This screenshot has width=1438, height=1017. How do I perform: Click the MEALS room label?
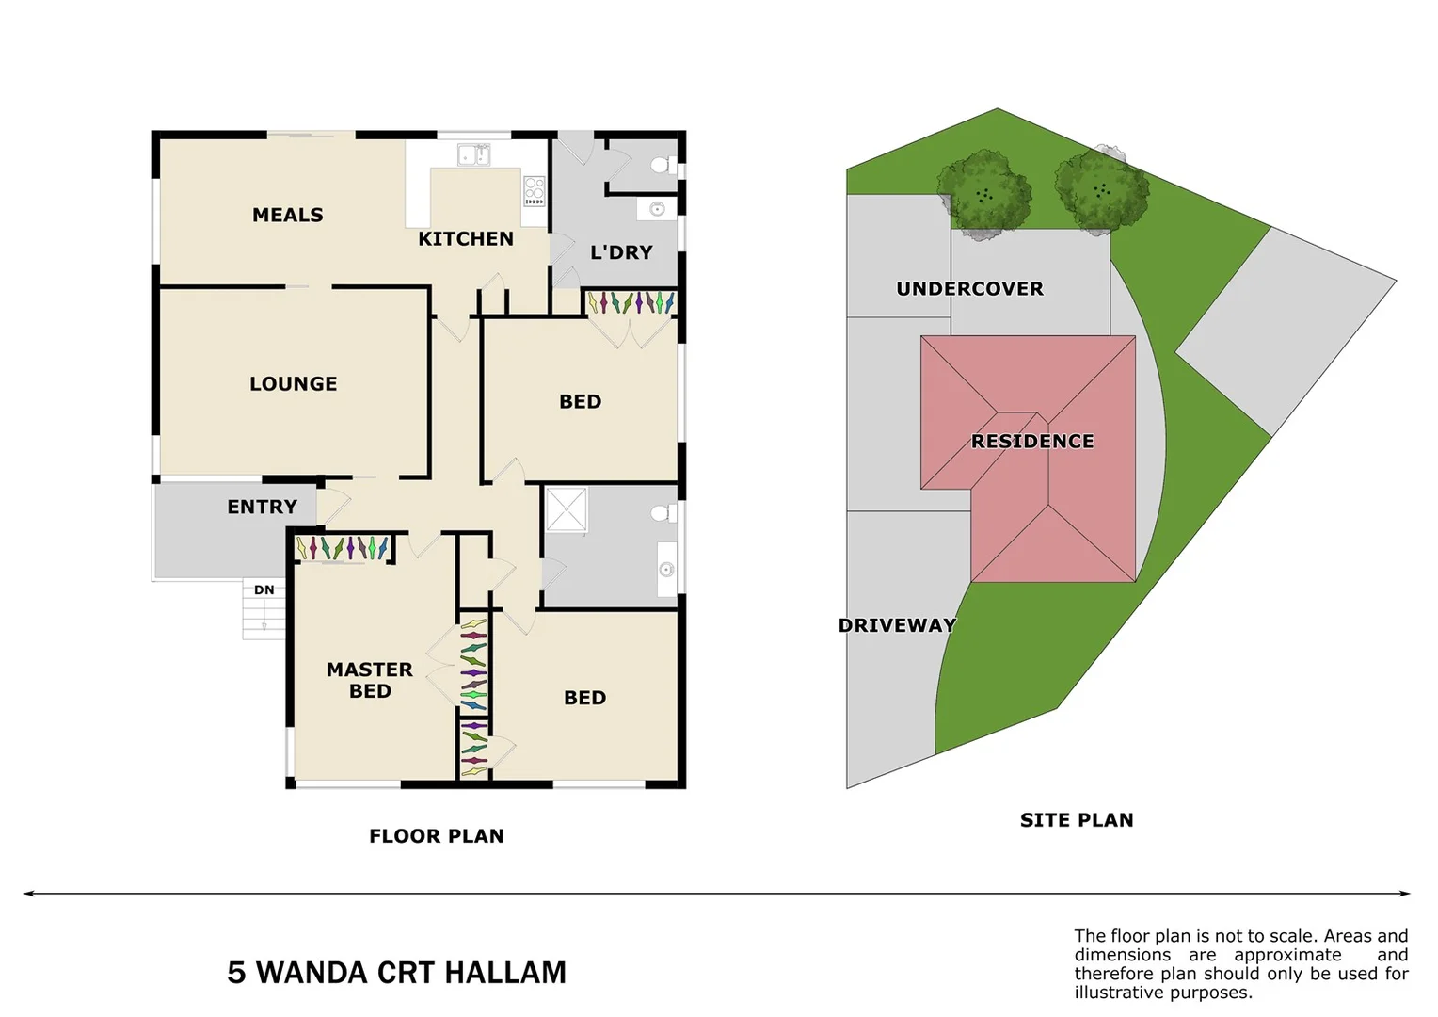287,216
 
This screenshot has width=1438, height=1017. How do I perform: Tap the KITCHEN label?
466,239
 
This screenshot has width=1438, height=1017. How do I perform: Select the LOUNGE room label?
293,384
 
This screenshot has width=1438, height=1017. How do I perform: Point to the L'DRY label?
621,252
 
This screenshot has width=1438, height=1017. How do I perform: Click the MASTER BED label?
369,680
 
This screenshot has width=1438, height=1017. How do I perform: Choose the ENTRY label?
262,508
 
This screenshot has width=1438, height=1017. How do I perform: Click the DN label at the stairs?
264,590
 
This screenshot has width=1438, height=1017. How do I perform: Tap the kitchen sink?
473,154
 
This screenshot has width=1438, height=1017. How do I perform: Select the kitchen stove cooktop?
534,190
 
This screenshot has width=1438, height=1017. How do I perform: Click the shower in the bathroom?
566,509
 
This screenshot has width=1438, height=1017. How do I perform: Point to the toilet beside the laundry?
662,166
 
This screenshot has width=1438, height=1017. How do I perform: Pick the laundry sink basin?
657,208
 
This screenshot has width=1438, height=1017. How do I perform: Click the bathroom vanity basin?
666,569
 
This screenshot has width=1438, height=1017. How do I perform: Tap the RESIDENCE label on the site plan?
1032,442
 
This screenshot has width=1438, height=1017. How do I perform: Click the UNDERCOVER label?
969,289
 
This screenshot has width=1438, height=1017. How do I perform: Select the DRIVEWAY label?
897,625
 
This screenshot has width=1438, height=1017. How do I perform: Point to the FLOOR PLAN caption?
437,836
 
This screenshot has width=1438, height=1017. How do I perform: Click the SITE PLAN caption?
1077,820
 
